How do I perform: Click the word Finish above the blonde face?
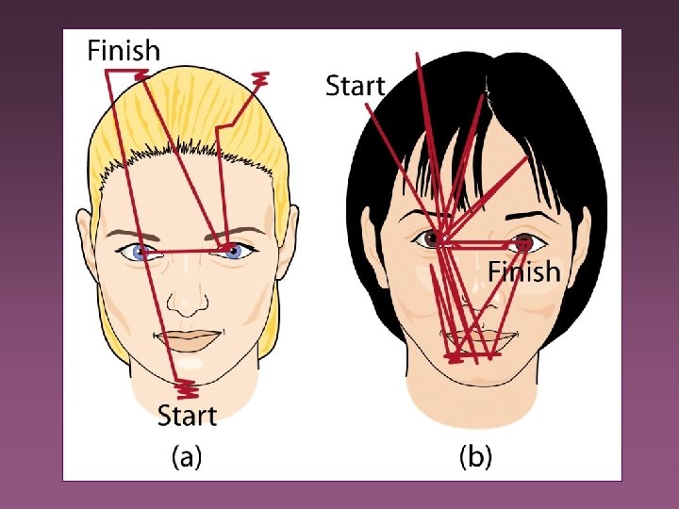point(124,49)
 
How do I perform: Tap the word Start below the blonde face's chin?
point(186,415)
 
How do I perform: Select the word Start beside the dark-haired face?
point(355,85)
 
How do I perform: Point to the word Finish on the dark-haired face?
point(523,271)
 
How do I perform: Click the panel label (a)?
point(186,458)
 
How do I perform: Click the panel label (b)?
point(475,458)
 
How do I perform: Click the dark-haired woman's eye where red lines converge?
point(435,238)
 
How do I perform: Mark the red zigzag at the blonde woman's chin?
point(186,386)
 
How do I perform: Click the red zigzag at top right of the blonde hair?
point(261,79)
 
